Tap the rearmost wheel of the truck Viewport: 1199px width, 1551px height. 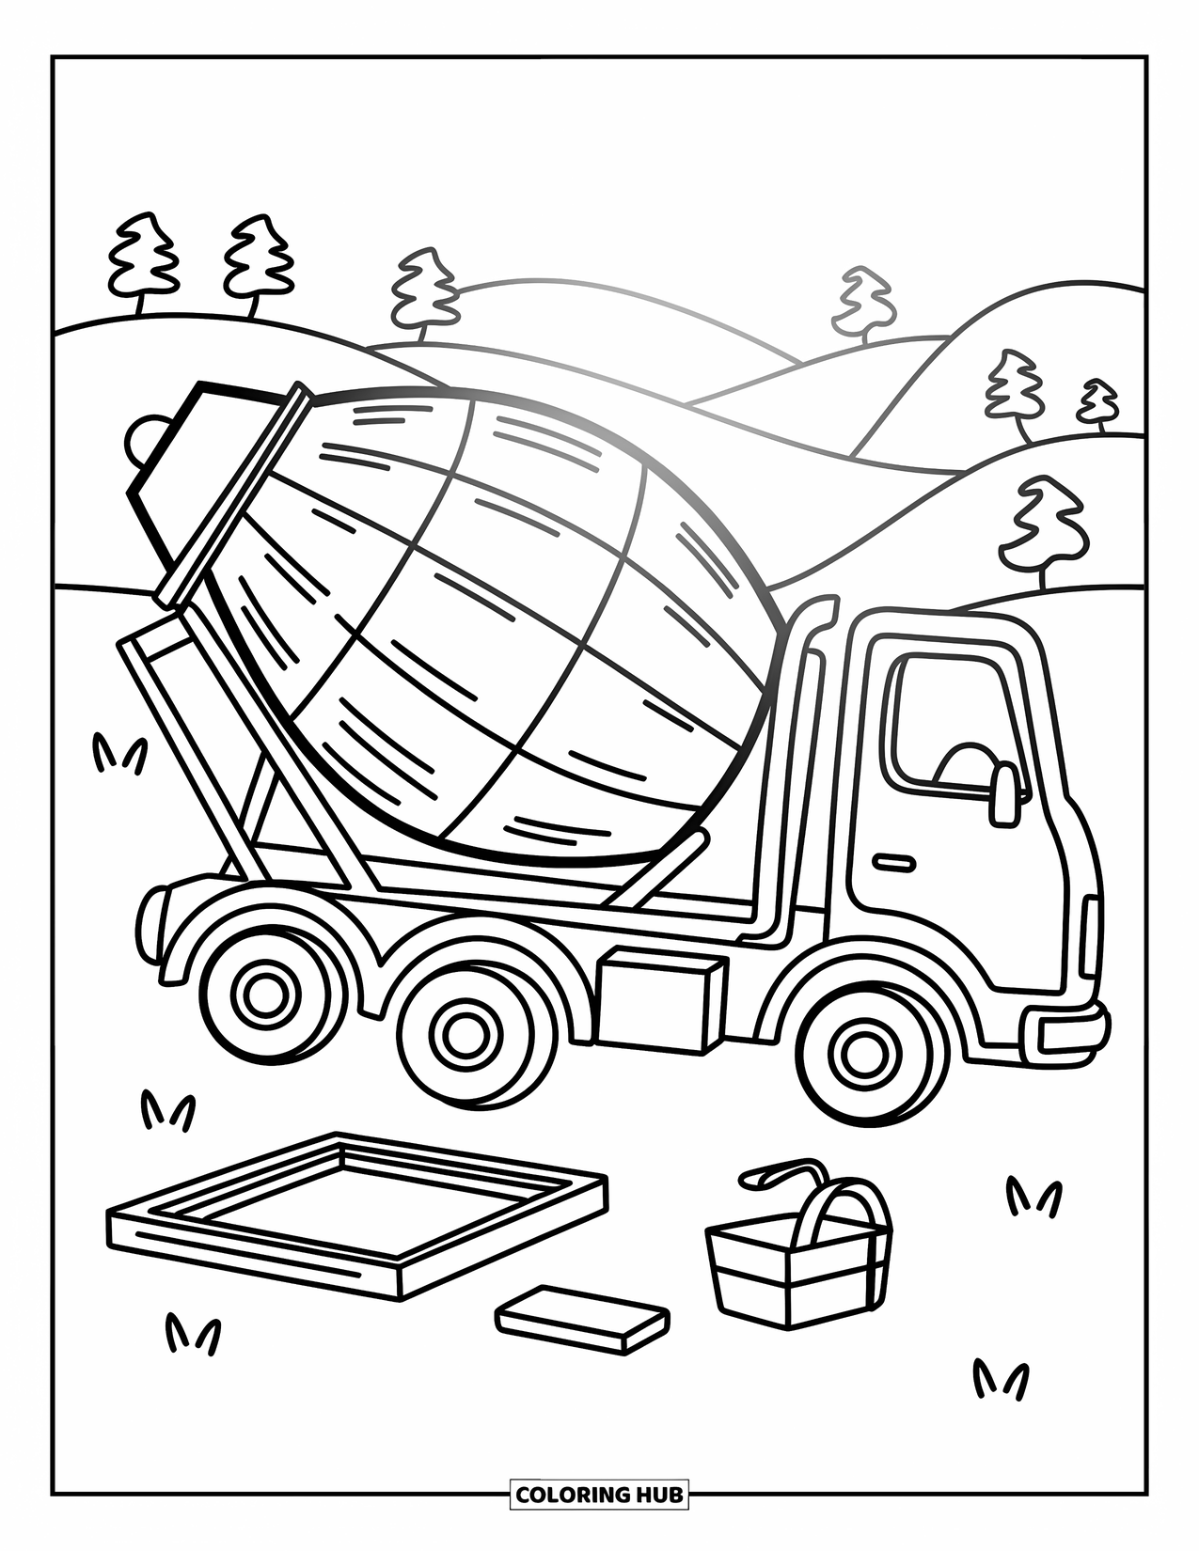point(266,997)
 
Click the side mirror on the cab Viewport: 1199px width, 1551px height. point(1005,794)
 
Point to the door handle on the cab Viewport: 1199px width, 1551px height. point(893,861)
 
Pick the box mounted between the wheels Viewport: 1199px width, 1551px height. point(659,1000)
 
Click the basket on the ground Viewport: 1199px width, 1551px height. point(798,1260)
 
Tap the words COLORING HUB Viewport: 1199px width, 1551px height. point(599,1494)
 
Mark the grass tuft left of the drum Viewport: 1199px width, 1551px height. point(118,753)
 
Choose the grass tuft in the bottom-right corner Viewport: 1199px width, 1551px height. point(1000,1378)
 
